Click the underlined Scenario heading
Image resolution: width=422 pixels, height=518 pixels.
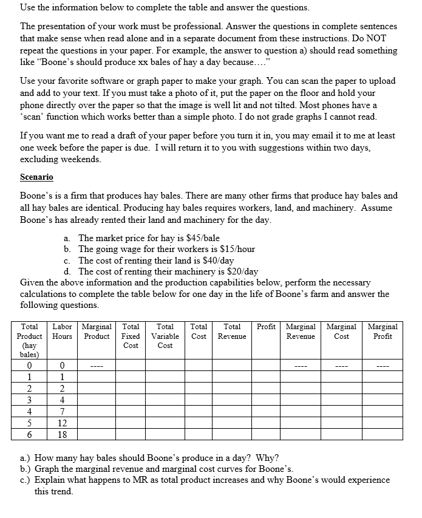pyautogui.click(x=36, y=177)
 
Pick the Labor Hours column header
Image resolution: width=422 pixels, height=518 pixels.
pyautogui.click(x=62, y=331)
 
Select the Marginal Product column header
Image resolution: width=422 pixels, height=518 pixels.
pyautogui.click(x=95, y=331)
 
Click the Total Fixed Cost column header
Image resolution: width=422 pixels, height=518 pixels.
pyautogui.click(x=131, y=336)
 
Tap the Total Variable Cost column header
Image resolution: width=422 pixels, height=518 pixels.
pyautogui.click(x=165, y=336)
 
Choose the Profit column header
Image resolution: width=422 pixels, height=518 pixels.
pyautogui.click(x=266, y=327)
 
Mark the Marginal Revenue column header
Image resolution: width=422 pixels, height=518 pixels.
pyautogui.click(x=301, y=331)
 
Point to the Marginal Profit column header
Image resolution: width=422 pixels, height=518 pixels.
pyautogui.click(x=383, y=331)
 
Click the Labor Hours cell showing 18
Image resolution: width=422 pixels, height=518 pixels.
pyautogui.click(x=62, y=434)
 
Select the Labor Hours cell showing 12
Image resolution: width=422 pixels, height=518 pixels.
pyautogui.click(x=62, y=423)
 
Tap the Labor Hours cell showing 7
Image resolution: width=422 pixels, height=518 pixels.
pyautogui.click(x=62, y=411)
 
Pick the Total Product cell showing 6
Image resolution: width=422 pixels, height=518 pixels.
pyautogui.click(x=29, y=434)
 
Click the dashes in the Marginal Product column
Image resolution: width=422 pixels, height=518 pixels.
pyautogui.click(x=95, y=366)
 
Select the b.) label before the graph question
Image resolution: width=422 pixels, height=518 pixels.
pyautogui.click(x=27, y=469)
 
